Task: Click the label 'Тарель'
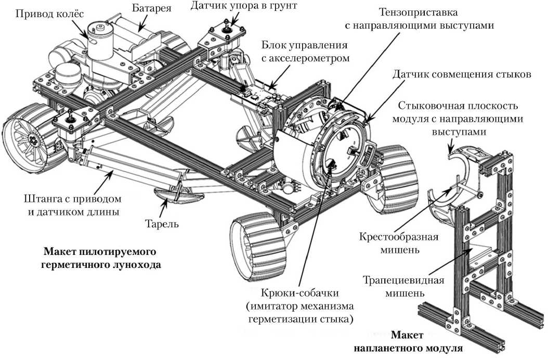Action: pos(162,224)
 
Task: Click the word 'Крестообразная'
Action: pos(399,237)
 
